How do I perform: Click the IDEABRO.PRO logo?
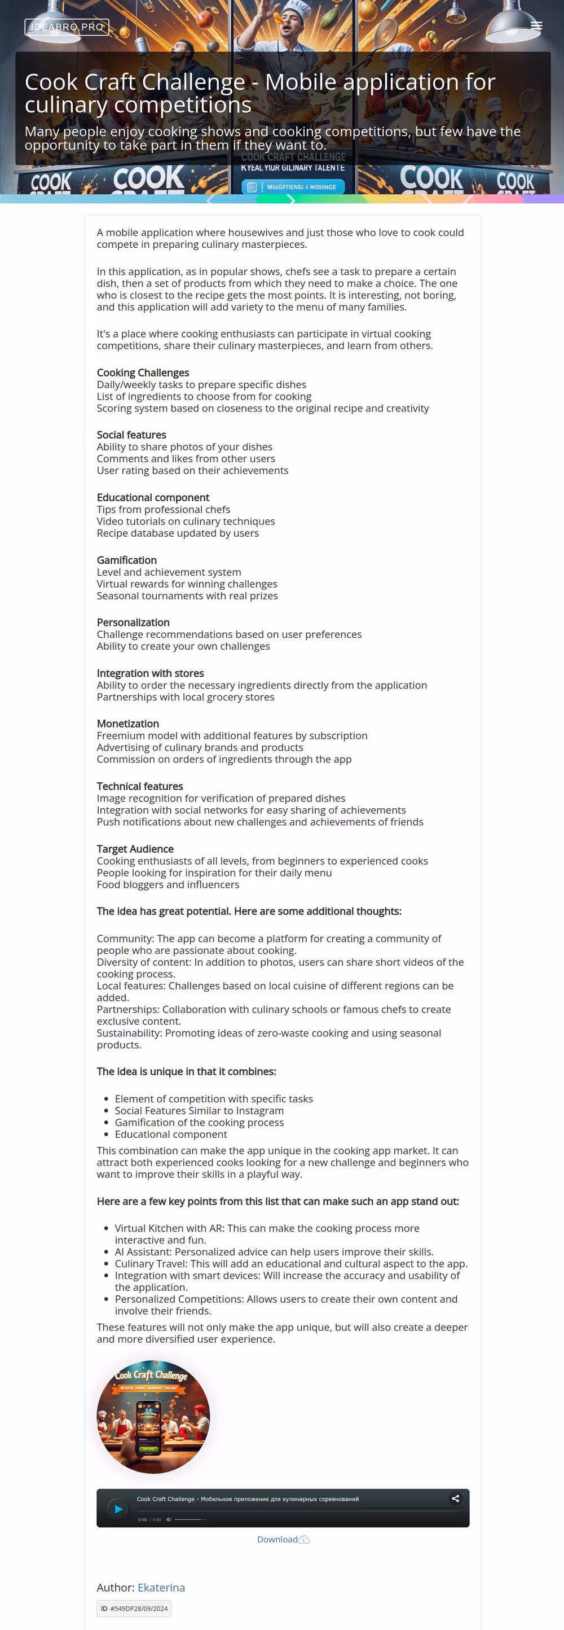click(x=67, y=27)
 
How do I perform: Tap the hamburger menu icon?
click(x=536, y=26)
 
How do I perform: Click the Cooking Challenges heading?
click(x=143, y=373)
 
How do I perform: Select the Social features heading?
click(x=131, y=435)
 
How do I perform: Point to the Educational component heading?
click(x=153, y=497)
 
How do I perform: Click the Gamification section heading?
click(x=126, y=560)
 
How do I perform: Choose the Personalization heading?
click(x=133, y=622)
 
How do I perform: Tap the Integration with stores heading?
click(x=151, y=673)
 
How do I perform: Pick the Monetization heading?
click(x=127, y=723)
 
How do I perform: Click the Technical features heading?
click(x=140, y=786)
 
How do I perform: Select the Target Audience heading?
click(x=135, y=848)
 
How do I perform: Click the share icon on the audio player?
click(x=455, y=1498)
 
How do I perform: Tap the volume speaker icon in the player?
click(x=169, y=1519)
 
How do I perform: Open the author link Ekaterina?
click(x=161, y=1587)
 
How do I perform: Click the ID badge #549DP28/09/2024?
click(x=134, y=1608)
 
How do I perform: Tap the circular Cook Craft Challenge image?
click(x=153, y=1417)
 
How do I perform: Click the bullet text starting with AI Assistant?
click(x=274, y=1252)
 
